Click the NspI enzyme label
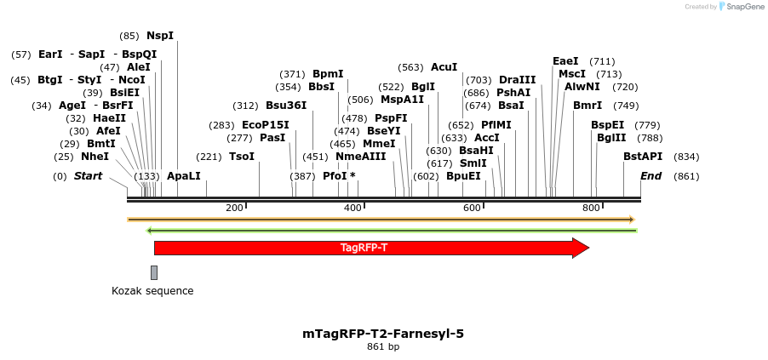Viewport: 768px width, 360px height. [160, 36]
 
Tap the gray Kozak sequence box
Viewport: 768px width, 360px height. [154, 272]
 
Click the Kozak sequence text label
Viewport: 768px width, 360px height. [152, 291]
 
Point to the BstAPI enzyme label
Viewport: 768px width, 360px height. [643, 157]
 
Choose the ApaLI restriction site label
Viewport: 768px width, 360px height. [184, 176]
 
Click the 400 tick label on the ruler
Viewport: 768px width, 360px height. [352, 209]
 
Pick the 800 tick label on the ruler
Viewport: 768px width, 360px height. [591, 209]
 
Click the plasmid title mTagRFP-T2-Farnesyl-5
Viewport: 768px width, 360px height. [383, 334]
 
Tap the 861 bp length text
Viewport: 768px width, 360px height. [383, 347]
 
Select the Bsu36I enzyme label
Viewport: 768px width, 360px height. [286, 106]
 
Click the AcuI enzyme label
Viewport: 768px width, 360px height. [444, 67]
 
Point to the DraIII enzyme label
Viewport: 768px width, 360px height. [518, 80]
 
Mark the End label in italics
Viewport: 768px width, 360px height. [651, 176]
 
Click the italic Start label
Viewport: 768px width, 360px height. [88, 176]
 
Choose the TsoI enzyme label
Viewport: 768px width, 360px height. [242, 157]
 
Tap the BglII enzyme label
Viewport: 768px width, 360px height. [611, 138]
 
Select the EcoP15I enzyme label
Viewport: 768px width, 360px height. [266, 125]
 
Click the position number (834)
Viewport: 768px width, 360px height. [686, 157]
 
